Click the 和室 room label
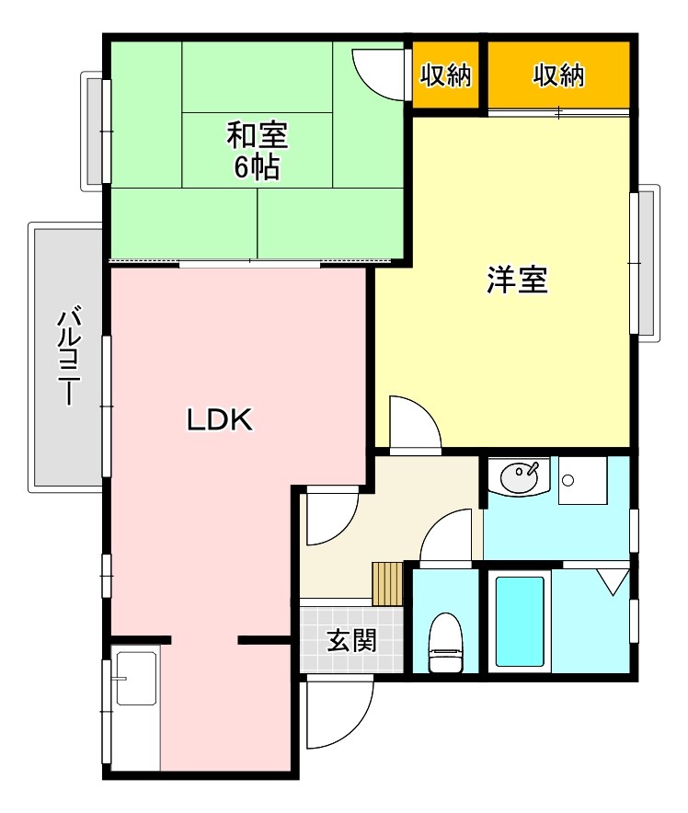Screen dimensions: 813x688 [x=257, y=135]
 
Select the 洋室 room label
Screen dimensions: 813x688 [x=517, y=281]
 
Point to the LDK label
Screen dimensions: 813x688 [x=220, y=420]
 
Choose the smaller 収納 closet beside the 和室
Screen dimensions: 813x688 [x=446, y=75]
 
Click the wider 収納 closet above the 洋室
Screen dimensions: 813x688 [x=558, y=75]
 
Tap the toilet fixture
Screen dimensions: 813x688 [x=446, y=643]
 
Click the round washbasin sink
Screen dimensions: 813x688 [x=521, y=477]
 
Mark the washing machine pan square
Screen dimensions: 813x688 [x=583, y=481]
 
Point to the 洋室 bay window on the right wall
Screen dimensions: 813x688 [x=646, y=262]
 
